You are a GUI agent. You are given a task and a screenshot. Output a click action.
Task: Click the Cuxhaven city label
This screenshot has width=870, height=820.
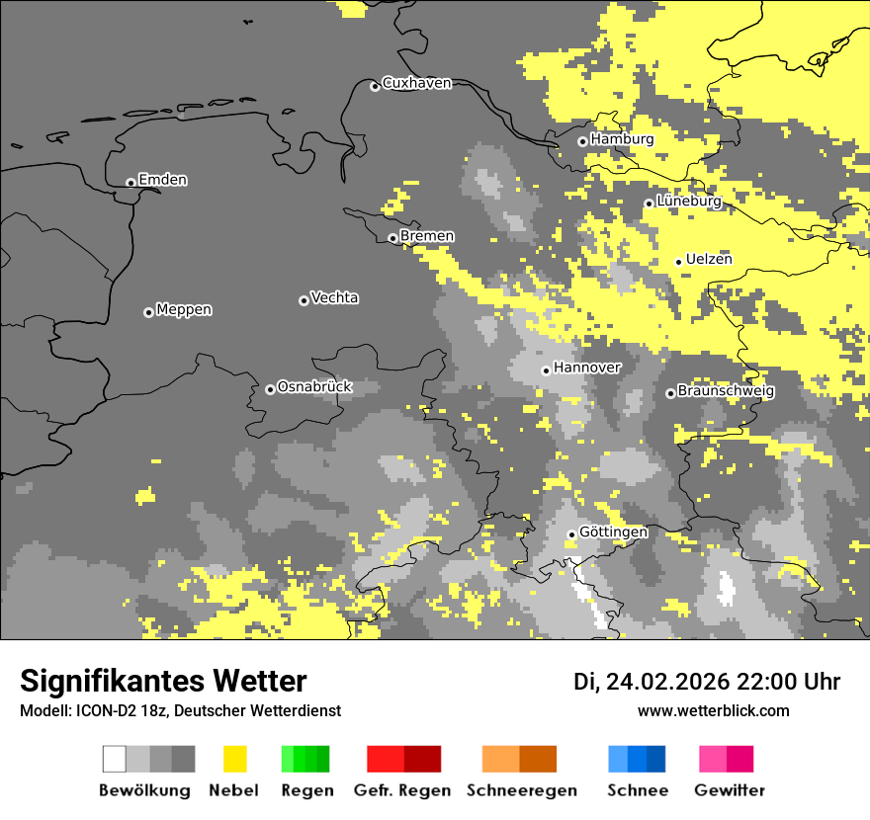pyautogui.click(x=416, y=83)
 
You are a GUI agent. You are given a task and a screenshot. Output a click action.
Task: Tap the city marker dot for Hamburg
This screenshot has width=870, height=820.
pyautogui.click(x=582, y=141)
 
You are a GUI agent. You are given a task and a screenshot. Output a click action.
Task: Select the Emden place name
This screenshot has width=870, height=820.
pyautogui.click(x=162, y=180)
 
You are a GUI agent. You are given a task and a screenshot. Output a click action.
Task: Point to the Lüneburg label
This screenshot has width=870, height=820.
pyautogui.click(x=688, y=202)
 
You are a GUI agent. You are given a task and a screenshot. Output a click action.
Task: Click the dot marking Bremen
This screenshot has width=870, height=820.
pyautogui.click(x=392, y=238)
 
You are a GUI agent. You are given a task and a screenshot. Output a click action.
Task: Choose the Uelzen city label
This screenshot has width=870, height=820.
pyautogui.click(x=709, y=260)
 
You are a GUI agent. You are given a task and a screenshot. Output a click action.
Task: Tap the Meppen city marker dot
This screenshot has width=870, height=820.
pyautogui.click(x=148, y=312)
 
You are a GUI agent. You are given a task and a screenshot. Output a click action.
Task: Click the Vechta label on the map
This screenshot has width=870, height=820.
pyautogui.click(x=334, y=298)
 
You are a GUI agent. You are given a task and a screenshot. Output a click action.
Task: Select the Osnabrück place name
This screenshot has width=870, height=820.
pyautogui.click(x=314, y=387)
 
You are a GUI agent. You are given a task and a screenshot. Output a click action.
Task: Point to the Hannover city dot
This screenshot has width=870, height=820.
pyautogui.click(x=546, y=370)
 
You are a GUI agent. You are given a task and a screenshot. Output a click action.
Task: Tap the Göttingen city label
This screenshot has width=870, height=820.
pyautogui.click(x=613, y=533)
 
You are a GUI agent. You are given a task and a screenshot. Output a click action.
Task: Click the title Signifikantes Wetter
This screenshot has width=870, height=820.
pyautogui.click(x=163, y=681)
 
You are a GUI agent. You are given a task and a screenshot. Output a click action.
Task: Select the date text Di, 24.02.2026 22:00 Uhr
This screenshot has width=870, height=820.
pyautogui.click(x=706, y=682)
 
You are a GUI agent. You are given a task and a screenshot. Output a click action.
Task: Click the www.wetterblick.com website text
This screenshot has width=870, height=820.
pyautogui.click(x=713, y=710)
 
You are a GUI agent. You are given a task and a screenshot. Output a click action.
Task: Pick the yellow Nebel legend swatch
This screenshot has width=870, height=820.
pyautogui.click(x=234, y=759)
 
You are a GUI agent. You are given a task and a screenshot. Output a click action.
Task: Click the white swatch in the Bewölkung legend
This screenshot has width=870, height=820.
pyautogui.click(x=115, y=759)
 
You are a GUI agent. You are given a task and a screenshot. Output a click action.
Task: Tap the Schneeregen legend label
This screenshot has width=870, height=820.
pyautogui.click(x=522, y=790)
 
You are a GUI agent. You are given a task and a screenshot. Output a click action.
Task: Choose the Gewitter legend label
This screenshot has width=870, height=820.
pyautogui.click(x=729, y=790)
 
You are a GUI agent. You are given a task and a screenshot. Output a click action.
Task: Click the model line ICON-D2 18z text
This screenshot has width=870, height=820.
pyautogui.click(x=180, y=710)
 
